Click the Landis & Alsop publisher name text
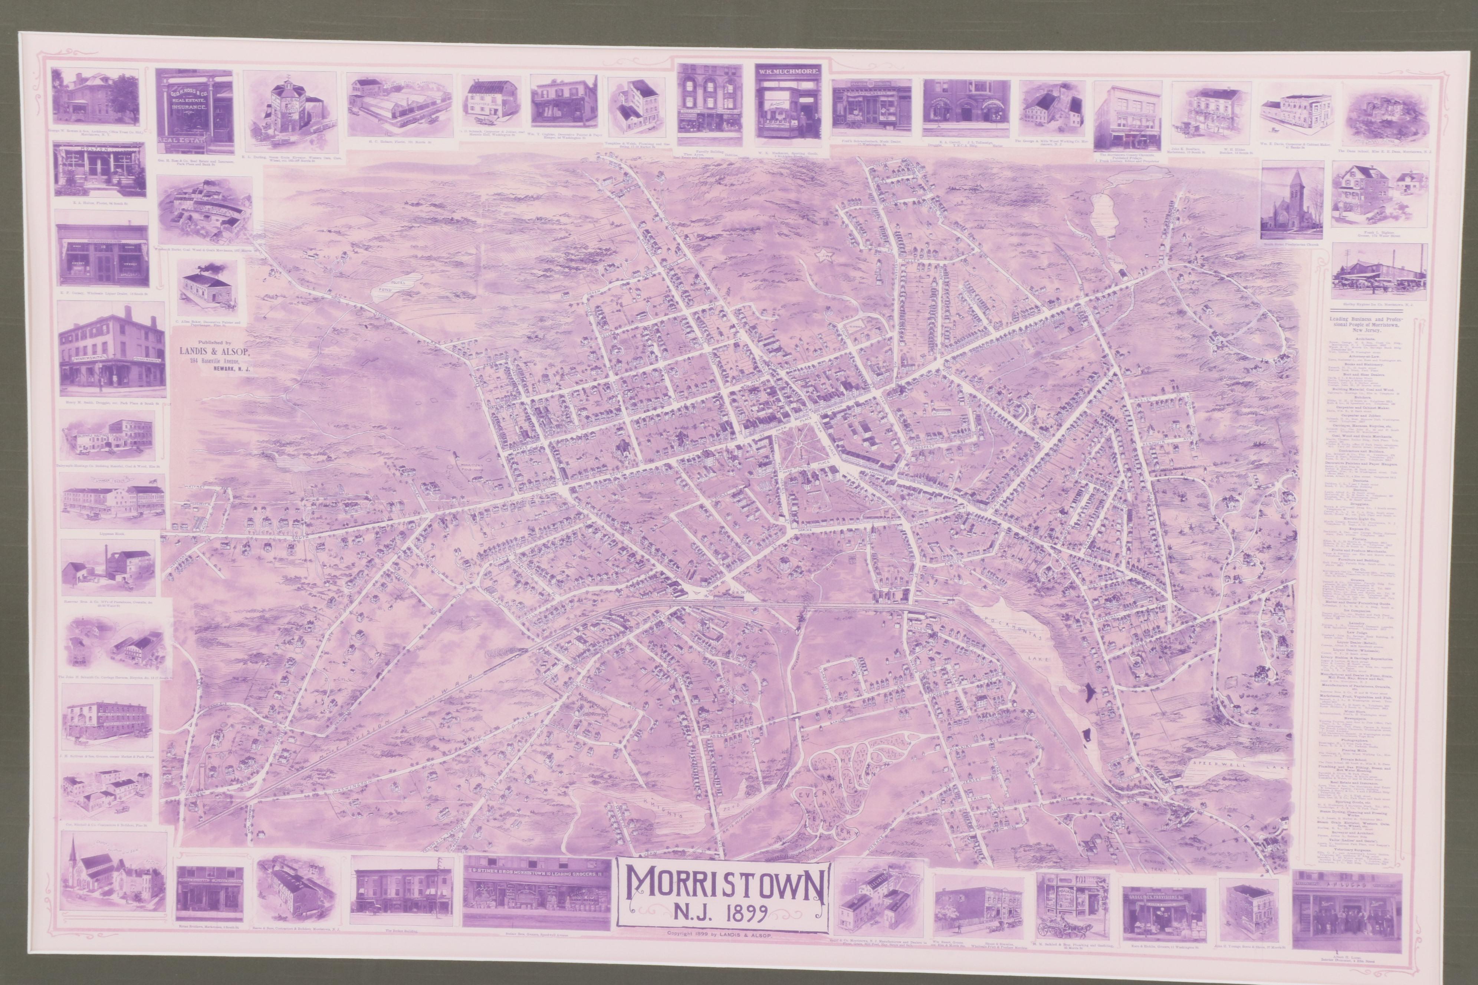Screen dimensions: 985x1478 tap(209, 352)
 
